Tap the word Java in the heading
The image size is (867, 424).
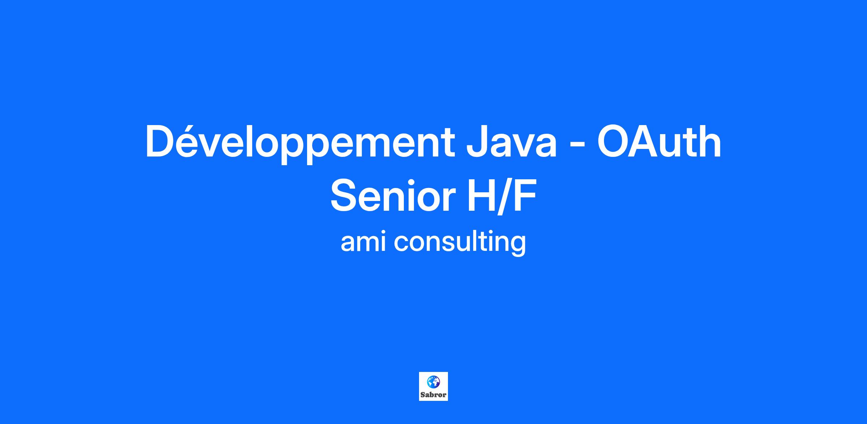tap(511, 142)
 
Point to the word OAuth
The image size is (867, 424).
tap(659, 142)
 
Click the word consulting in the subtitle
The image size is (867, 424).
tap(460, 242)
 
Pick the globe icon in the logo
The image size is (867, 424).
tap(433, 382)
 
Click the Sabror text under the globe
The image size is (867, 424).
tap(433, 395)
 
